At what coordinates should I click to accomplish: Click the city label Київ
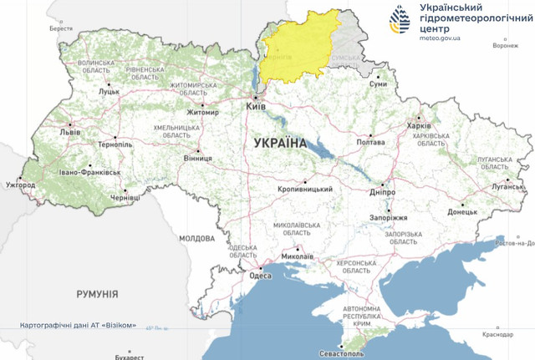point(255,108)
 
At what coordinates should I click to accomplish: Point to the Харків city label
point(418,126)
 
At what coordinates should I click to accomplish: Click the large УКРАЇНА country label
point(279,143)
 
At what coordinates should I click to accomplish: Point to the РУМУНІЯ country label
point(97,294)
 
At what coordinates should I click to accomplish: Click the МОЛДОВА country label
point(197,238)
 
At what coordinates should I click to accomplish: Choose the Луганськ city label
point(507,187)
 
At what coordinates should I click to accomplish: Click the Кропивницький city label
point(306,189)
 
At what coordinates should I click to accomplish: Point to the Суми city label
point(379,84)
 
